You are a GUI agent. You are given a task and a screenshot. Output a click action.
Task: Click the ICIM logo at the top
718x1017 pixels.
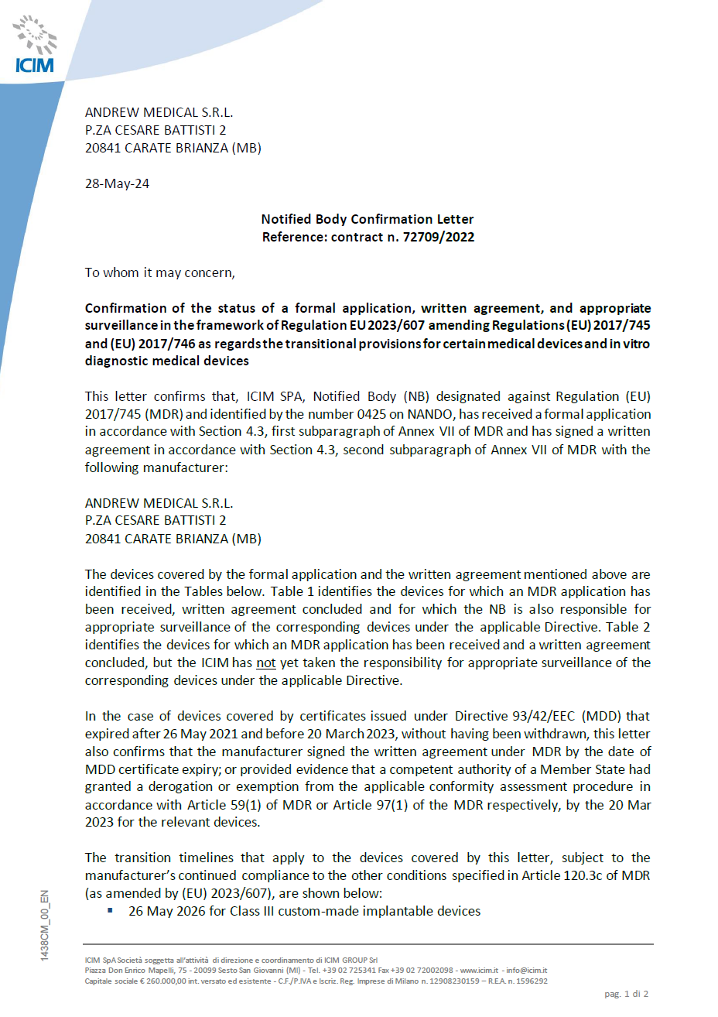(x=35, y=46)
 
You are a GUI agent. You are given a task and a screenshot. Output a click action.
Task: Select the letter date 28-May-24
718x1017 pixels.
(x=117, y=184)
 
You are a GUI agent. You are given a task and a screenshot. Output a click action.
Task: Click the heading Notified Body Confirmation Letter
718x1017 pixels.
(x=368, y=219)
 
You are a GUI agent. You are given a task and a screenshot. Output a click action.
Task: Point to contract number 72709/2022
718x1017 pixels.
(x=439, y=238)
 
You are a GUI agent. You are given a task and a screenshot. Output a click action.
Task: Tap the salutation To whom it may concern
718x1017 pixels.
(x=159, y=272)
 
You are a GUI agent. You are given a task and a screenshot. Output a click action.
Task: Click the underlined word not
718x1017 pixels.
(x=266, y=663)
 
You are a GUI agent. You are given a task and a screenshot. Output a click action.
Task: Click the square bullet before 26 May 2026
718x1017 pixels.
(x=111, y=911)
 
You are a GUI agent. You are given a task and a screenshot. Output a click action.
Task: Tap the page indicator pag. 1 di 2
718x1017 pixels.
(x=626, y=994)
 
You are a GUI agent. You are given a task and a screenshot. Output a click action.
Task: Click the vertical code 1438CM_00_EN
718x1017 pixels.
(x=45, y=926)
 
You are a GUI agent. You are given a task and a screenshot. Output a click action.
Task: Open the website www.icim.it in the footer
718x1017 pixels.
(x=480, y=971)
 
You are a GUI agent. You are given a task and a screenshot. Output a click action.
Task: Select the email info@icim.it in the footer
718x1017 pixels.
(x=526, y=971)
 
